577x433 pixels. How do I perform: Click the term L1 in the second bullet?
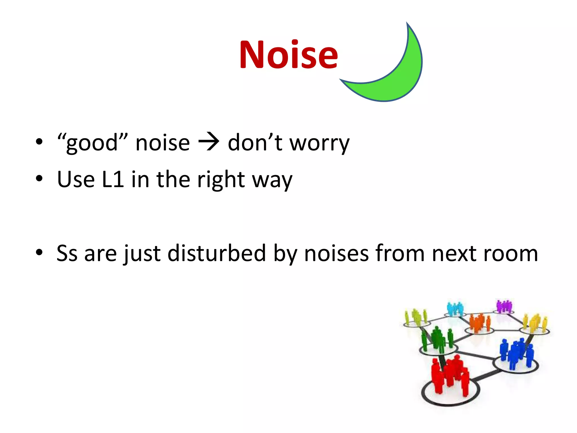point(113,179)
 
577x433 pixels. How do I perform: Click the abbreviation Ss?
point(67,253)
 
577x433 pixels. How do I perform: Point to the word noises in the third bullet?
point(336,253)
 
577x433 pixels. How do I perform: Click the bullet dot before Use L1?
point(39,178)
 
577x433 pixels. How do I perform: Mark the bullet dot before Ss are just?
point(39,252)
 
